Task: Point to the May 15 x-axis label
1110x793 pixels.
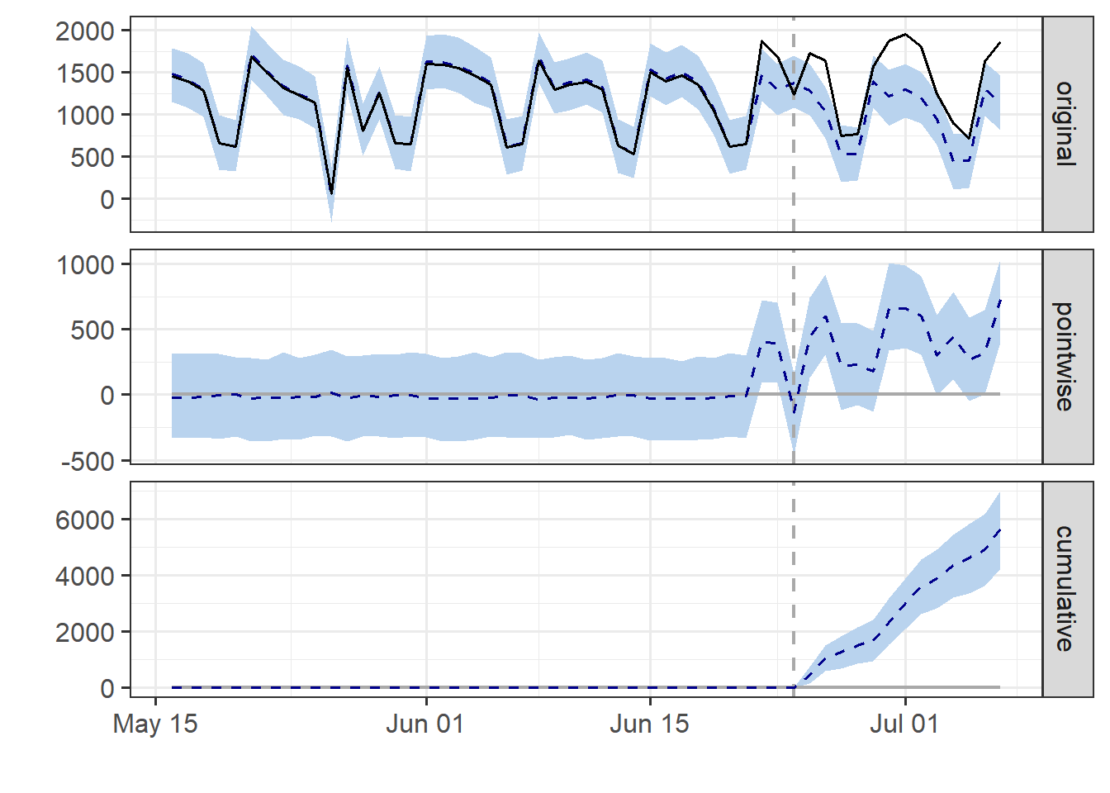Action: (155, 724)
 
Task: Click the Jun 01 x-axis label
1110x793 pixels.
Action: (425, 724)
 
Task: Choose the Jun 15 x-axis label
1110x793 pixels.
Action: (649, 724)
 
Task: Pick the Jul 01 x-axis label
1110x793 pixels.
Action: (904, 724)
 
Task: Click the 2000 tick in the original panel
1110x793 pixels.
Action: (84, 31)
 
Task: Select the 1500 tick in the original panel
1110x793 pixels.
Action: (84, 74)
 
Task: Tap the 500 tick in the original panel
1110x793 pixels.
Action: (92, 157)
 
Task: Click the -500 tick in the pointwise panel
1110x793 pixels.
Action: (88, 461)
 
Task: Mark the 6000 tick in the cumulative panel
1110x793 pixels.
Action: (84, 520)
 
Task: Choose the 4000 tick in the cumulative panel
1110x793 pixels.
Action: (84, 576)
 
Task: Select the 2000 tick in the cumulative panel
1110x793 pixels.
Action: (84, 632)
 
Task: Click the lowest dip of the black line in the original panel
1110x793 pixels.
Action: (331, 193)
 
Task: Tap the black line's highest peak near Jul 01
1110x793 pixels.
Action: (905, 35)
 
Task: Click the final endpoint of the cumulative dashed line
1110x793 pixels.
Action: (1000, 529)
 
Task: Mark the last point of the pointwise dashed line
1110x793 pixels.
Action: (1000, 299)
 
